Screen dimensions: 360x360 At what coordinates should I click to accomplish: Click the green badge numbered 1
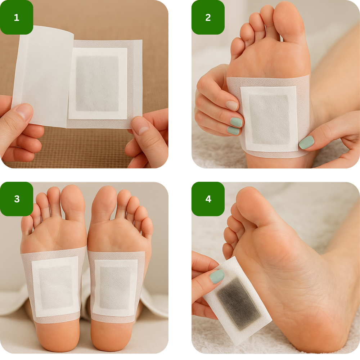pos(17,17)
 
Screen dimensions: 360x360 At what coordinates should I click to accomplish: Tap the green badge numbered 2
pos(208,17)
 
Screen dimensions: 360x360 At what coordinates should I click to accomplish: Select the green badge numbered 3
pos(17,199)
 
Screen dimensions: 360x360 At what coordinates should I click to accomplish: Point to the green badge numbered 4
pos(208,199)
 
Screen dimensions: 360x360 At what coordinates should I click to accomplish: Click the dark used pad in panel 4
pos(239,304)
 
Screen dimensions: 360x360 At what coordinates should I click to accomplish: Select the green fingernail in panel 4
pos(216,276)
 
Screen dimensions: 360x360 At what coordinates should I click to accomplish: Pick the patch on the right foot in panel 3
pos(116,287)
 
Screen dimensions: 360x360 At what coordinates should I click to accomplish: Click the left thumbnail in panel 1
pos(24,111)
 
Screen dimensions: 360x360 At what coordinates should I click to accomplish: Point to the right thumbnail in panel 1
pos(140,125)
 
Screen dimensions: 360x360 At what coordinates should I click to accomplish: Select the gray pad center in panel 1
pos(97,84)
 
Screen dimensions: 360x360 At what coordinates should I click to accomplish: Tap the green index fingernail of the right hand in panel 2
pos(306,142)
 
